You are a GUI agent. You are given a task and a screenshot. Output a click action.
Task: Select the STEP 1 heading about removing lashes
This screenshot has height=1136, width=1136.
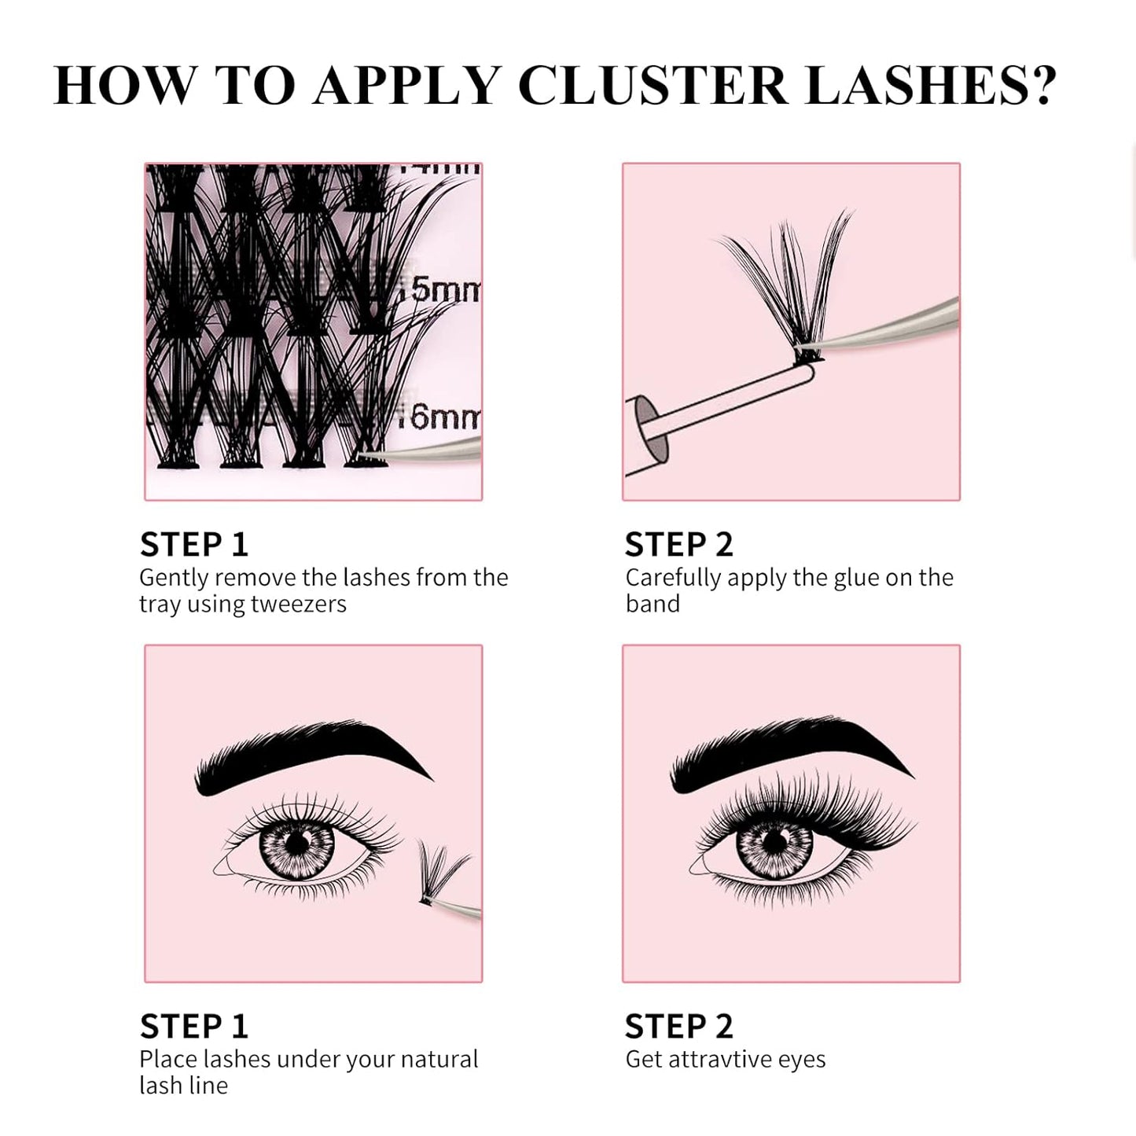pyautogui.click(x=194, y=544)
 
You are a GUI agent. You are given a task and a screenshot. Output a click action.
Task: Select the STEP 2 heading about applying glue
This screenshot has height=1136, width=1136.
pyautogui.click(x=678, y=544)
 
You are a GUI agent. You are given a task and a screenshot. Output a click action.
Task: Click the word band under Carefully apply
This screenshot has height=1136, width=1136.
pyautogui.click(x=653, y=604)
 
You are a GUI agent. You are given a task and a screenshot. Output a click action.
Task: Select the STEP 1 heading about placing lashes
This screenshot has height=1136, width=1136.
pyautogui.click(x=194, y=1026)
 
